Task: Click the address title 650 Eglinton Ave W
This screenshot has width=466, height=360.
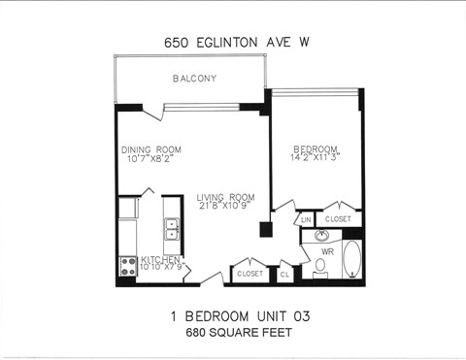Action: click(232, 43)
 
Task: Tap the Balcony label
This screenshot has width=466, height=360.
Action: click(194, 79)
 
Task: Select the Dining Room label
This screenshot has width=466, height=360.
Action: click(150, 149)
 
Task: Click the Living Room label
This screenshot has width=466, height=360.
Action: click(225, 197)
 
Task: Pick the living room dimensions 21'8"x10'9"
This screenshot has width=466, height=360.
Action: click(225, 207)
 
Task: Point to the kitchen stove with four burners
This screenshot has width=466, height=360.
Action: click(127, 266)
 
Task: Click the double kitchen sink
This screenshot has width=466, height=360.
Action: click(172, 229)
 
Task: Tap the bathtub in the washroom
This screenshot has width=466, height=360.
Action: click(350, 260)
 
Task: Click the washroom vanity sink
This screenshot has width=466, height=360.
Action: click(321, 235)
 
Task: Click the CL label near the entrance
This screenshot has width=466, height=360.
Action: click(284, 274)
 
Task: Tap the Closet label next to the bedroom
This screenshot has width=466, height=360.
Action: click(339, 219)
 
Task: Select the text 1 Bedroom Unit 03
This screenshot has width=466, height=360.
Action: click(232, 316)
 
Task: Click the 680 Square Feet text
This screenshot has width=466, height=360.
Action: click(232, 332)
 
